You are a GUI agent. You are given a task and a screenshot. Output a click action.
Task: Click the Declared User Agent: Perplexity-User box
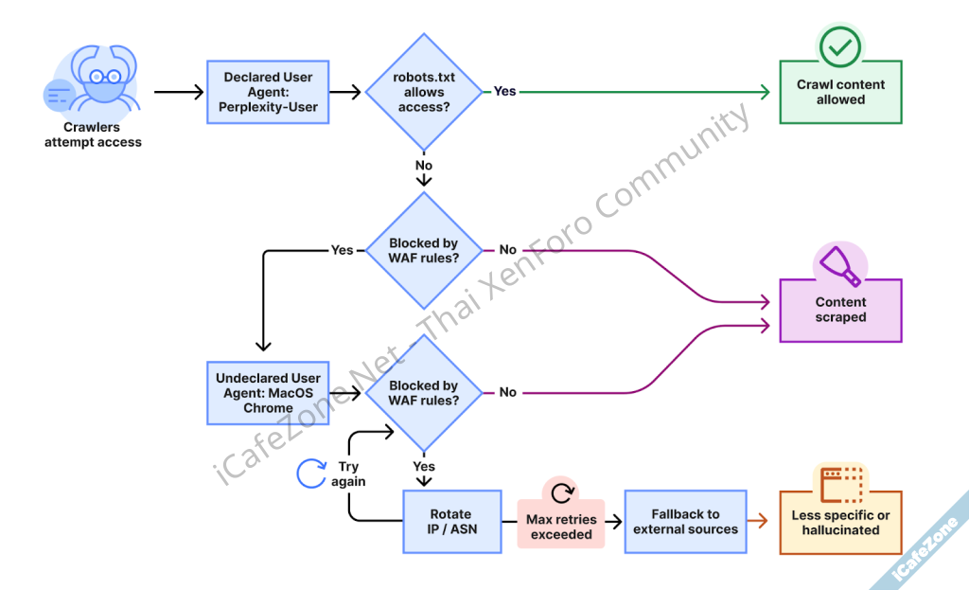pos(267,92)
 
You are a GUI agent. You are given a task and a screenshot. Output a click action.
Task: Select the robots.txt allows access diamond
pos(423,92)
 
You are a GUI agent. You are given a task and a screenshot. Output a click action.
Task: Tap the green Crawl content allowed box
pos(840,92)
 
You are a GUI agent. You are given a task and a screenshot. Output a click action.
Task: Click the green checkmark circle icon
pos(840,45)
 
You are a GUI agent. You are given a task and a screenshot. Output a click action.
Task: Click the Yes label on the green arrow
pos(505,92)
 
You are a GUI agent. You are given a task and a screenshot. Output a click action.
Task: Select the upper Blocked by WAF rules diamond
pos(423,250)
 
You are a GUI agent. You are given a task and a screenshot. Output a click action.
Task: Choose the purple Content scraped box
pos(840,311)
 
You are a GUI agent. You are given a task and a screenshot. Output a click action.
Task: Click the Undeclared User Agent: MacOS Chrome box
pos(267,393)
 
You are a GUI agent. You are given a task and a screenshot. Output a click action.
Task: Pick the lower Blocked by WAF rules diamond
pos(423,393)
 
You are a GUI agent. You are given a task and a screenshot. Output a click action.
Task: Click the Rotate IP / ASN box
pos(451,522)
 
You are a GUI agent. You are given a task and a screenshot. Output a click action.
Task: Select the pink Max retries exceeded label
pos(561,527)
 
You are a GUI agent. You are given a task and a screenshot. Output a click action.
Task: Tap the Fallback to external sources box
pos(685,522)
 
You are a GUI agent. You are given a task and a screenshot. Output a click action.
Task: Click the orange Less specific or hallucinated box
pos(840,523)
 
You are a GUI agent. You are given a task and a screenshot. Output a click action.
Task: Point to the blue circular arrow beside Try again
pos(311,473)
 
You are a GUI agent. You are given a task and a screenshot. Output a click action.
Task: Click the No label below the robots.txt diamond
pos(423,166)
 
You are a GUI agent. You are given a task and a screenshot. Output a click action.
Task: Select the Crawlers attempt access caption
pos(93,134)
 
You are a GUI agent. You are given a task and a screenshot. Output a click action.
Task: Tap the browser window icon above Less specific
pos(840,481)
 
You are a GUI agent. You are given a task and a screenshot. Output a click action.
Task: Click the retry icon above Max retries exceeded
pos(562,492)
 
